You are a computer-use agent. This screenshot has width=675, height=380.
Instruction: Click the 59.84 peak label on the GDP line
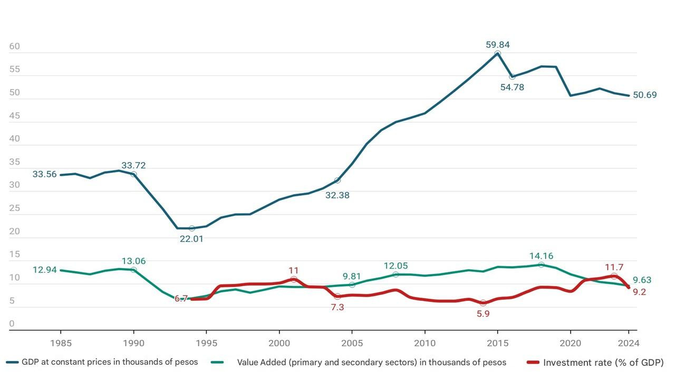point(497,45)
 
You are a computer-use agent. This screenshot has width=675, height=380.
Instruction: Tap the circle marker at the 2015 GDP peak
point(497,53)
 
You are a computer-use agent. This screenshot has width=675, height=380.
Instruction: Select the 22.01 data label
point(191,239)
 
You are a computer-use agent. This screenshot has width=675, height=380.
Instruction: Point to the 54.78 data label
point(512,87)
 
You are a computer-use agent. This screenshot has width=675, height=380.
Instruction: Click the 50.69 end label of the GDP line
point(644,95)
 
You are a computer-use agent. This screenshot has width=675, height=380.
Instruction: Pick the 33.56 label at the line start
point(44,174)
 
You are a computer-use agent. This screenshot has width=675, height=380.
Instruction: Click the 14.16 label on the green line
point(541,256)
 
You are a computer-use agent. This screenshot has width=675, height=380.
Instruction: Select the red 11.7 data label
point(614,267)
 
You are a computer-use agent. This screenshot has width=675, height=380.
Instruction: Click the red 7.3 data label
point(337,307)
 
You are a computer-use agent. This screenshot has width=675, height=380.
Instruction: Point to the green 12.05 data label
point(396,266)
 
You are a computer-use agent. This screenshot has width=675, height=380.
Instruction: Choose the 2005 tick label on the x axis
point(352,343)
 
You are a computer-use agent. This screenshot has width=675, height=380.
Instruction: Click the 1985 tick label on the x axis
point(61,343)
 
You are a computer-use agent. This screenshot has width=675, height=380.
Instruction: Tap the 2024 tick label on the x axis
point(628,343)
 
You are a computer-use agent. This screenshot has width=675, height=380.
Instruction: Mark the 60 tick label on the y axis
point(15,46)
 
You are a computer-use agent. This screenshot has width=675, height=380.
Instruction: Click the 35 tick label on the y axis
point(15,162)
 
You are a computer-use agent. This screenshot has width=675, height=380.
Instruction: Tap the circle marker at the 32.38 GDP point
point(337,180)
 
